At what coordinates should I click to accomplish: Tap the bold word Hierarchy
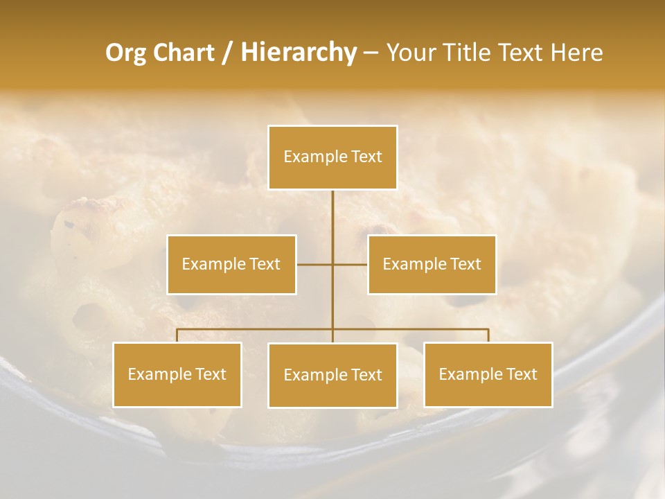(x=298, y=53)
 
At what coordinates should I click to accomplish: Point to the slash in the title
(x=227, y=53)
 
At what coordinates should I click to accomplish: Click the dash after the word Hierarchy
(x=371, y=53)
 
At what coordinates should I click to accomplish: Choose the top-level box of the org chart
(x=332, y=157)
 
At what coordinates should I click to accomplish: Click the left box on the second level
(x=231, y=264)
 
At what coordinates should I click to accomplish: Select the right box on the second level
(x=432, y=264)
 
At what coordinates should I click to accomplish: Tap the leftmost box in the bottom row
(x=177, y=374)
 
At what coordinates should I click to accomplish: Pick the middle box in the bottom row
(x=332, y=375)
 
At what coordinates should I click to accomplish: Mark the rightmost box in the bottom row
(x=488, y=374)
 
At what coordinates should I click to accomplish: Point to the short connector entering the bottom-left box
(x=177, y=335)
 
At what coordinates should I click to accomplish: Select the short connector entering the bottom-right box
(x=488, y=335)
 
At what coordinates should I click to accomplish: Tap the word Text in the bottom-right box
(x=521, y=374)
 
